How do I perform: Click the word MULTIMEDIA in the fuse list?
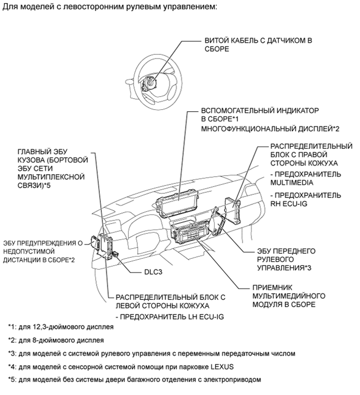click(292, 183)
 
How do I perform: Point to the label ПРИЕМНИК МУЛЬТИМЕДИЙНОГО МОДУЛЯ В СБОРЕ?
click(285, 295)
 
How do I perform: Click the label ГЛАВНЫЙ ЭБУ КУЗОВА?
click(50, 167)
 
